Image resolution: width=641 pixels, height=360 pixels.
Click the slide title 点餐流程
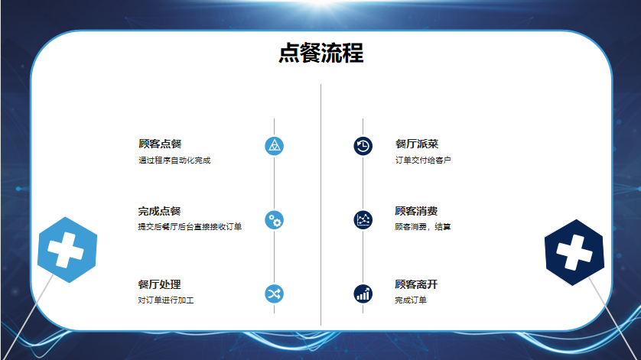point(321,54)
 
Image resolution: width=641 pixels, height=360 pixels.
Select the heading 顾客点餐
point(160,144)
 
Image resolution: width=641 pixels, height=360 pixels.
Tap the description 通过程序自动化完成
point(174,161)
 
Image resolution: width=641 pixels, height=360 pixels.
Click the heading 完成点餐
point(159,211)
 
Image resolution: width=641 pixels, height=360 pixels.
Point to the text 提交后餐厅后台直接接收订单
point(190,226)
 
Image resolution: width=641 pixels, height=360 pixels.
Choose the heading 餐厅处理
point(159,284)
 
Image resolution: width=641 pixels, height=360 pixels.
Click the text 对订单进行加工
point(165,300)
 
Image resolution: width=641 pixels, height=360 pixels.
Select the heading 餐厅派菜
point(417,144)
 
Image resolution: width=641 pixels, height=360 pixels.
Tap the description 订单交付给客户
point(423,161)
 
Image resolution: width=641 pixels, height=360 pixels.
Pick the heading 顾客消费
point(416,211)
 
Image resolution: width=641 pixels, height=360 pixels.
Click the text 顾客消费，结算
point(423,226)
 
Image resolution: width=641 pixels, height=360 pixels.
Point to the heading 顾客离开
point(416,284)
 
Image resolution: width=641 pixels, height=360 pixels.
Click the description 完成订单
point(411,300)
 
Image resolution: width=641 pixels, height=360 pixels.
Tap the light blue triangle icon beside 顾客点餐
point(275,146)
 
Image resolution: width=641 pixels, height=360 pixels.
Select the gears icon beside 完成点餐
point(275,220)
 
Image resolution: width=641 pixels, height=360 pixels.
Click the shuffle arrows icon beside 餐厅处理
point(275,294)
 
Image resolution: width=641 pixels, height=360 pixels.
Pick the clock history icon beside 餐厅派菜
point(363,146)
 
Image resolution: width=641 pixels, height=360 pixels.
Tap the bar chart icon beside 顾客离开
point(363,294)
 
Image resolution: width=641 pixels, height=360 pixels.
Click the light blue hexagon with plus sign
point(67,250)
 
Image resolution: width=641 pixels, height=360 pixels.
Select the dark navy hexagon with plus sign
point(574,252)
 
